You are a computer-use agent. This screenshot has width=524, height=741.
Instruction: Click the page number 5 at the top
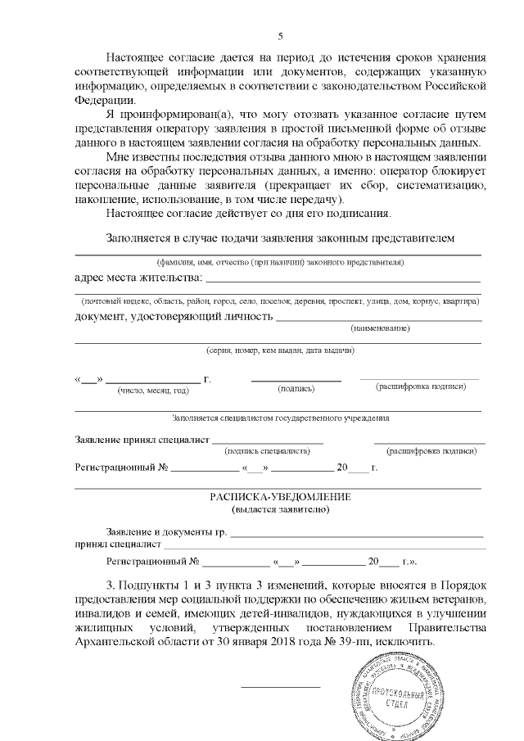(x=280, y=37)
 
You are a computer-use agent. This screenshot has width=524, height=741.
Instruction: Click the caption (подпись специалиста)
(x=266, y=450)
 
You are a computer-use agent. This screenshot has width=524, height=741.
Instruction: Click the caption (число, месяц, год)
(x=153, y=391)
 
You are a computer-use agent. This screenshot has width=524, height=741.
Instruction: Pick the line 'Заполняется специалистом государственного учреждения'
(x=279, y=418)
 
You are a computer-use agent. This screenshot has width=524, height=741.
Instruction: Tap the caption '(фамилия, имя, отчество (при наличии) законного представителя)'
(x=279, y=262)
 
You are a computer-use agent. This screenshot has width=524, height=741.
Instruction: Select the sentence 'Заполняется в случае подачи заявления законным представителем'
(x=279, y=238)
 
